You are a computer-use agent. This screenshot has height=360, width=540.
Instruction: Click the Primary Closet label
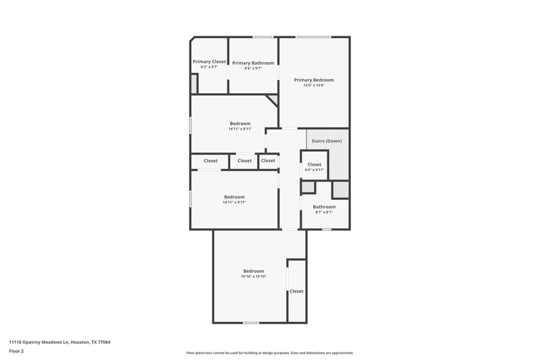209,61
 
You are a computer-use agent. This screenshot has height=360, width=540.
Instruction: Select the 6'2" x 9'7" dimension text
209,68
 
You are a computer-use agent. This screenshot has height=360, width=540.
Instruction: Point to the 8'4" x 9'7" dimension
253,68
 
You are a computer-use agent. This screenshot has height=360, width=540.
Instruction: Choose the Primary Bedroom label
314,80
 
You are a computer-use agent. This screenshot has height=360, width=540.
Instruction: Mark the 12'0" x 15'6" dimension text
314,86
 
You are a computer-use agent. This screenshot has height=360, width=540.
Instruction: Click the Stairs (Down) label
327,140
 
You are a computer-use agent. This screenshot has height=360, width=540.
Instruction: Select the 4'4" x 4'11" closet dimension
315,170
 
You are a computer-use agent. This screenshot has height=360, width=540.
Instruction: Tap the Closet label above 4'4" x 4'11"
315,164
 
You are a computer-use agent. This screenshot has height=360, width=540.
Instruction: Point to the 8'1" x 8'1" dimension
324,212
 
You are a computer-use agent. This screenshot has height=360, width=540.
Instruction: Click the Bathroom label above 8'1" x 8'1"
324,207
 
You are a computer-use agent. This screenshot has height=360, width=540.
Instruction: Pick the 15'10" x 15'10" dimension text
253,276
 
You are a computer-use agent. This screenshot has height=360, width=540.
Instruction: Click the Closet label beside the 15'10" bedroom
296,291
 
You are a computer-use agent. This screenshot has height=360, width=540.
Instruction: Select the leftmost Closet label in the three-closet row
211,161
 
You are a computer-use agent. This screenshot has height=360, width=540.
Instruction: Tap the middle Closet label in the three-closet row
244,161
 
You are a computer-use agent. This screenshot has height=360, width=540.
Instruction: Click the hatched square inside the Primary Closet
194,84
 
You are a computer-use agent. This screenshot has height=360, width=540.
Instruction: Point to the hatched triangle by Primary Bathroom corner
273,100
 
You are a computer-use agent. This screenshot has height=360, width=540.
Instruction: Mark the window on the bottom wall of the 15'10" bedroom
251,322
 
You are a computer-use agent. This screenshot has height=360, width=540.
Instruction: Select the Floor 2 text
16,352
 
